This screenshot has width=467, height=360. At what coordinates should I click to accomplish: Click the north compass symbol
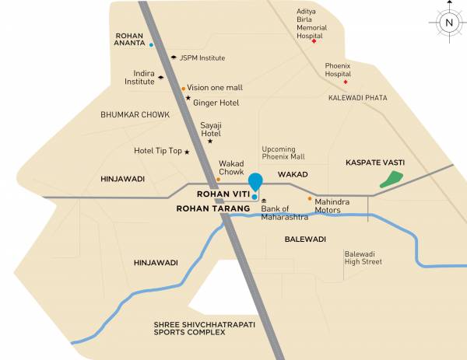[x=448, y=23]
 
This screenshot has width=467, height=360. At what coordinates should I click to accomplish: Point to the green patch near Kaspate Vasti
[x=389, y=180]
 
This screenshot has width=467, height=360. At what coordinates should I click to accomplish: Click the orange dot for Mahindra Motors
[x=310, y=198]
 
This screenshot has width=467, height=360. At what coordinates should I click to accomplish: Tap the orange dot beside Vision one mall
[x=184, y=89]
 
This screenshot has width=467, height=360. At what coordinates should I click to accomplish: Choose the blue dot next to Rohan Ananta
[x=151, y=45]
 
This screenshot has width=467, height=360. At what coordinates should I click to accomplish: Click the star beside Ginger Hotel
[x=188, y=98]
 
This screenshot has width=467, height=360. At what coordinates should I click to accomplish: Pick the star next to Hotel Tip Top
[x=186, y=152]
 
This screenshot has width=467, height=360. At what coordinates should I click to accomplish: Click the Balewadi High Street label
[x=363, y=257]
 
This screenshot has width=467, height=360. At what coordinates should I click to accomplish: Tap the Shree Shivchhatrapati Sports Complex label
[x=189, y=328]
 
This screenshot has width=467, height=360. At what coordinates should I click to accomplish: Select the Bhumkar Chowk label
[x=135, y=114]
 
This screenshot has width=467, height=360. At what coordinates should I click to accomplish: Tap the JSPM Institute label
[x=202, y=58]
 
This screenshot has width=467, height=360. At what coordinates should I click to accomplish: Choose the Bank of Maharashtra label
[x=285, y=212]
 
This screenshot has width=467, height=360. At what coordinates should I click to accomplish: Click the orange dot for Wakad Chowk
[x=219, y=180]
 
